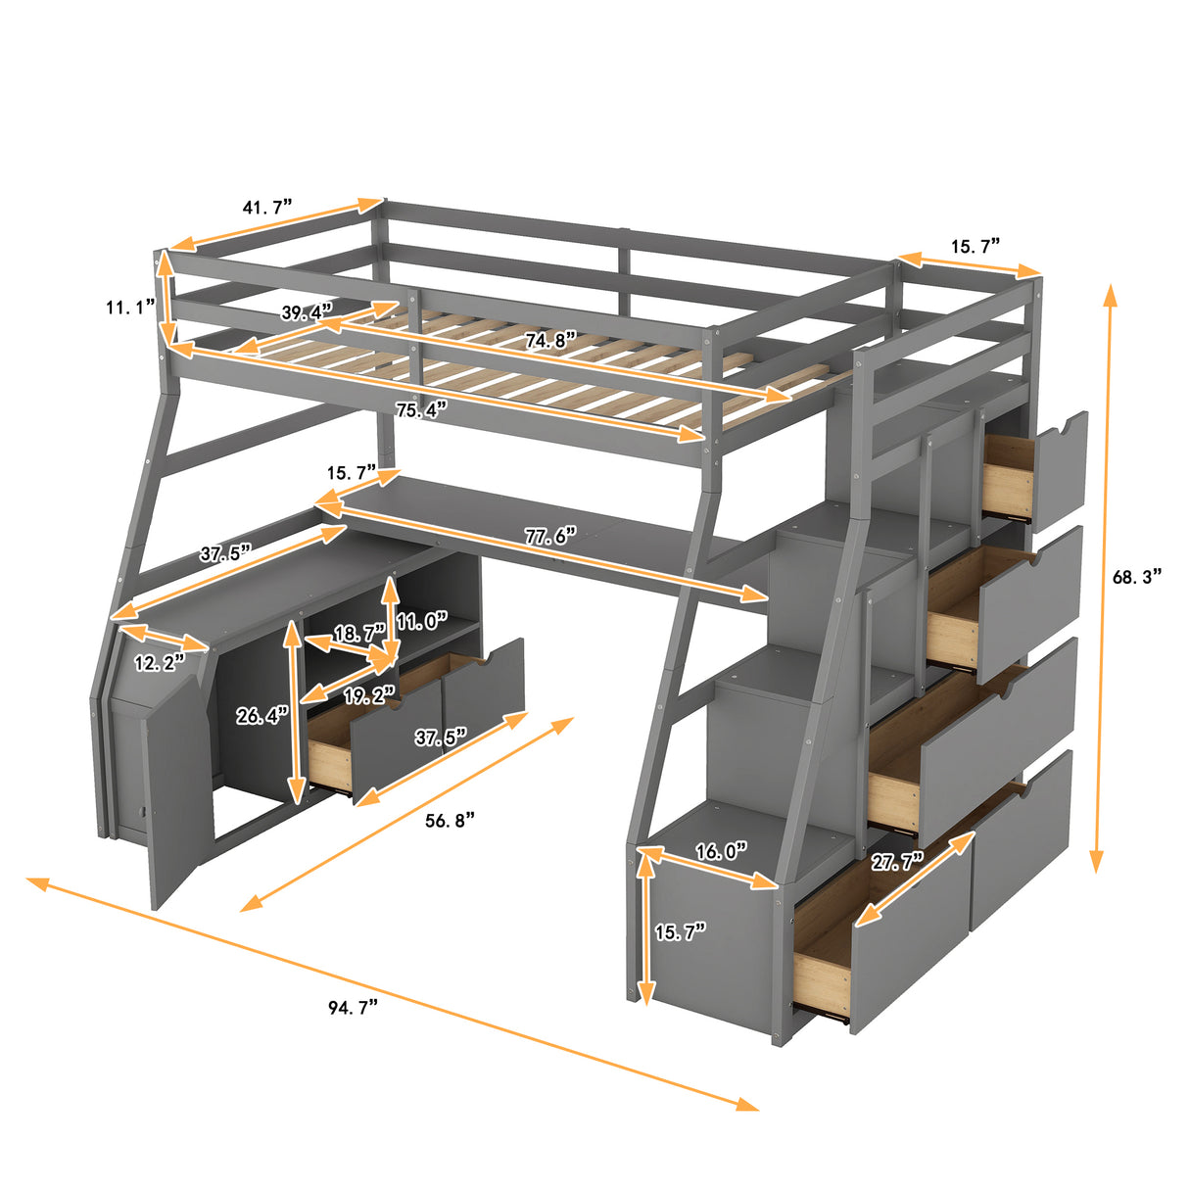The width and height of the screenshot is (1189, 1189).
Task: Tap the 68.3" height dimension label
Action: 1136,577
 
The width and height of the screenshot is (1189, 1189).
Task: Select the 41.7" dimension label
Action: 267,208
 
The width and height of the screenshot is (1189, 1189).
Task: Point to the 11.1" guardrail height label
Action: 131,308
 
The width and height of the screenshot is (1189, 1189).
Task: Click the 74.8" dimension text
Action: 549,341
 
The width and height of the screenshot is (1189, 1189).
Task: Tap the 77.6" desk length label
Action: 551,537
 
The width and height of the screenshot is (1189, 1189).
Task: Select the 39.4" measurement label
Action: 307,312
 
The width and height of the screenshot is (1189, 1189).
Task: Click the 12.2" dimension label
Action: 159,663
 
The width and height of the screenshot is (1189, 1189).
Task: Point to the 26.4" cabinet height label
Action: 262,716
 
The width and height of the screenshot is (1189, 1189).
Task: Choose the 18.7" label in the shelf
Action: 359,634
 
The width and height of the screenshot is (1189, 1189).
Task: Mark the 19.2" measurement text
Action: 368,695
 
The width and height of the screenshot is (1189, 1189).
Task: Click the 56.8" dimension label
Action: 450,820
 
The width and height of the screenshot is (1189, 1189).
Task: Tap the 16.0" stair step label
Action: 721,851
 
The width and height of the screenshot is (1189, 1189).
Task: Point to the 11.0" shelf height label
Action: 421,621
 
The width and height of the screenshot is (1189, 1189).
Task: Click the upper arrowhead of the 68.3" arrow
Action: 1110,292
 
